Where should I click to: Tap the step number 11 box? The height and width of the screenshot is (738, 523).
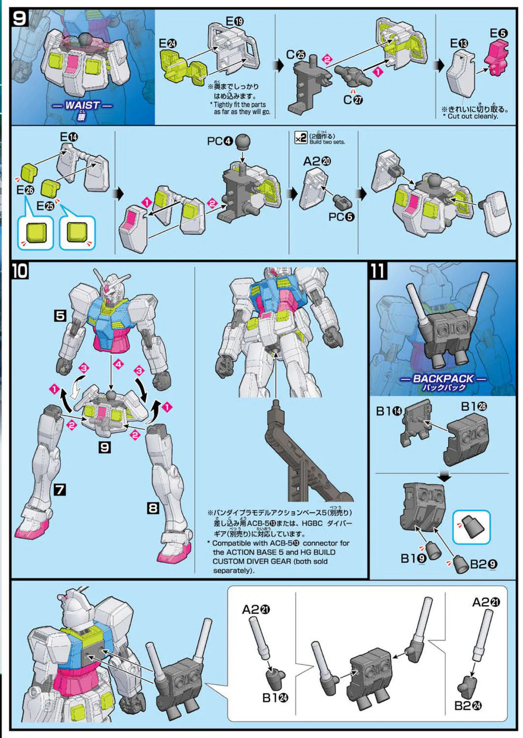[x=378, y=271]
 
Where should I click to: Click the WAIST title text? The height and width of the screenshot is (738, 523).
[x=82, y=105]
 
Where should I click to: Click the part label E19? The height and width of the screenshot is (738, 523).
[x=234, y=22]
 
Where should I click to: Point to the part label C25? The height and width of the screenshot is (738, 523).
[x=295, y=55]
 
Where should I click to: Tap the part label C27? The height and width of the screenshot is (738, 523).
[x=353, y=100]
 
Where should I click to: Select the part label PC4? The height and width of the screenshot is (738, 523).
[x=219, y=142]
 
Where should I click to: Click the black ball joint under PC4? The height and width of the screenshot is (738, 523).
[x=243, y=142]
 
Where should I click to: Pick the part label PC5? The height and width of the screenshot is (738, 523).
[x=341, y=216]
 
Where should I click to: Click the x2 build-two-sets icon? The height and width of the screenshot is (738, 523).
[x=301, y=138]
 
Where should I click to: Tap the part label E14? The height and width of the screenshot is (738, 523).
[x=68, y=137]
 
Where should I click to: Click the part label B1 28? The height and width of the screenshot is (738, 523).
[x=474, y=406]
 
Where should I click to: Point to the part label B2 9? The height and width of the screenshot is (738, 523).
[x=483, y=564]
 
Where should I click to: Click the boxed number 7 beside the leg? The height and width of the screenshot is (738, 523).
[x=60, y=490]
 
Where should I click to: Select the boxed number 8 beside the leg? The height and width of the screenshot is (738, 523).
[x=153, y=508]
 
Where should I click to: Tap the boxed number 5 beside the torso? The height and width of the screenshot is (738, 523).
[x=60, y=315]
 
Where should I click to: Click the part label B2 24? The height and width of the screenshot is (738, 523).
[x=467, y=706]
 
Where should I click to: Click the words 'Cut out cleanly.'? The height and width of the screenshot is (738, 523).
[x=473, y=117]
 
